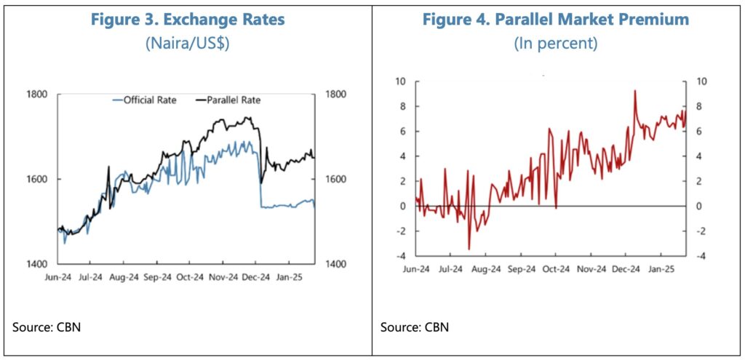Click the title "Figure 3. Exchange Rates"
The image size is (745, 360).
coord(187,20)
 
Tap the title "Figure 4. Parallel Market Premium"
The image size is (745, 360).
coord(556,20)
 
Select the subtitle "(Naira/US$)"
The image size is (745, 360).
coord(187,43)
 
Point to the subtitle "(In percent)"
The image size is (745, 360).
coord(556,43)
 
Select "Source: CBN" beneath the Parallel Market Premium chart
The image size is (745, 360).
coord(414,327)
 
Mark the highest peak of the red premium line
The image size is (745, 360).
coord(635,91)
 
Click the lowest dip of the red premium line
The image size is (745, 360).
coord(469,249)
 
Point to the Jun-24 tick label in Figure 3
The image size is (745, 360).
coord(57,277)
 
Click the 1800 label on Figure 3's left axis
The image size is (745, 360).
coord(37,94)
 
